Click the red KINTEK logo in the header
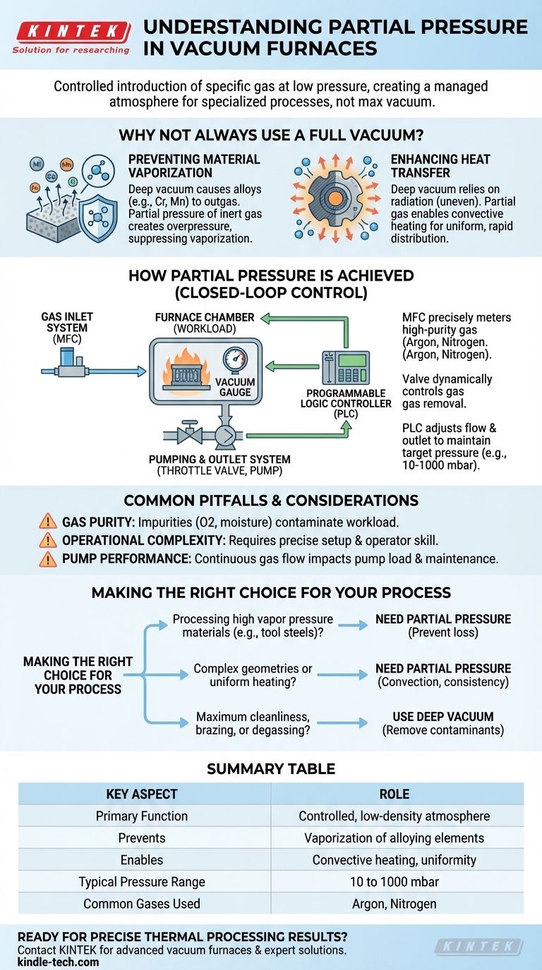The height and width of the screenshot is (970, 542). pyautogui.click(x=71, y=32)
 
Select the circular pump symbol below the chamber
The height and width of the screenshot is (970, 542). pyautogui.click(x=225, y=436)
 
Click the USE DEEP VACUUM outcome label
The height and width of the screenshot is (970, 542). pyautogui.click(x=442, y=716)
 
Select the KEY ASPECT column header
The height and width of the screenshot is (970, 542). pyautogui.click(x=142, y=794)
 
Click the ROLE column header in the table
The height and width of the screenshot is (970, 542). pyautogui.click(x=394, y=794)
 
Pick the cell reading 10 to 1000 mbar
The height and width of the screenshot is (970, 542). pyautogui.click(x=394, y=882)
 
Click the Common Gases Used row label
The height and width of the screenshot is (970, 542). pyautogui.click(x=142, y=903)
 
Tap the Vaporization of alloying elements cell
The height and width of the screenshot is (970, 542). pyautogui.click(x=394, y=838)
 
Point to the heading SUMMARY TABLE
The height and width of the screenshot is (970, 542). pyautogui.click(x=270, y=769)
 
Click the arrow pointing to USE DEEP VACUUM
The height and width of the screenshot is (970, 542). pyautogui.click(x=342, y=723)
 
